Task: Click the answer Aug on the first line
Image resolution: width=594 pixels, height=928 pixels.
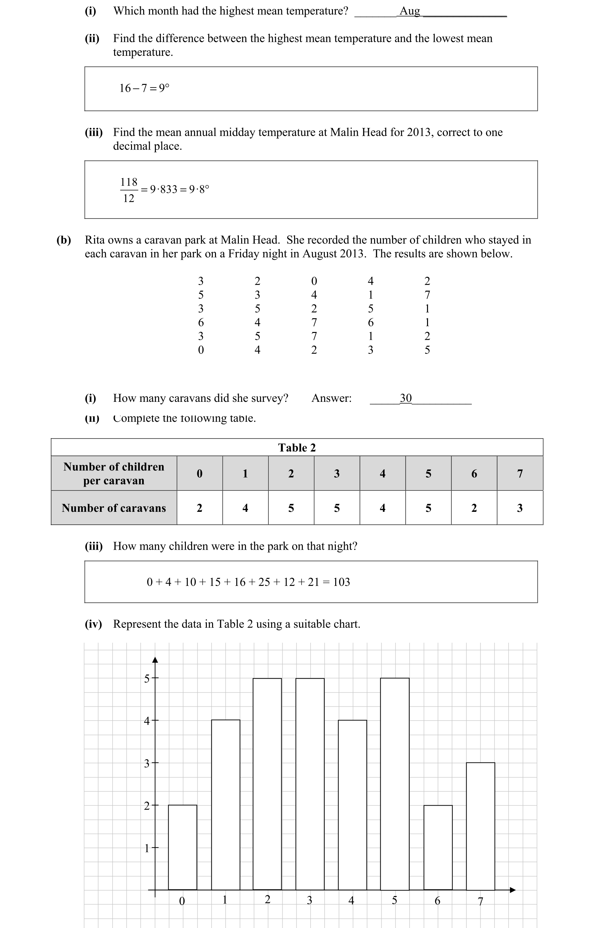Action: pyautogui.click(x=409, y=11)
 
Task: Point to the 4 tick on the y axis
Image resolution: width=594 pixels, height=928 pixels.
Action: pyautogui.click(x=147, y=721)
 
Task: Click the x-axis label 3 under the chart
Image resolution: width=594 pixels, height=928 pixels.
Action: pyautogui.click(x=309, y=900)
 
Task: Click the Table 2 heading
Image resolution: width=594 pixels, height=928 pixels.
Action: pyautogui.click(x=297, y=448)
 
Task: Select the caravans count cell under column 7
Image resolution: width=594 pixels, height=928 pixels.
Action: pyautogui.click(x=520, y=508)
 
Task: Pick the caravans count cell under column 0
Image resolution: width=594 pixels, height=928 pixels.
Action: pyautogui.click(x=199, y=508)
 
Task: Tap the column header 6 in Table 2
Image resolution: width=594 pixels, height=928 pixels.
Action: pyautogui.click(x=474, y=474)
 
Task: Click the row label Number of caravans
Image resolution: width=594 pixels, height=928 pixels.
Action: pyautogui.click(x=114, y=508)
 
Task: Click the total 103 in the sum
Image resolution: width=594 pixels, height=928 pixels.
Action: pyautogui.click(x=341, y=582)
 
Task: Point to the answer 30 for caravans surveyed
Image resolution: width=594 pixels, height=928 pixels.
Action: pyautogui.click(x=405, y=398)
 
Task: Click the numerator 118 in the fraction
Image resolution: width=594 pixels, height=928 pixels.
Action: pyautogui.click(x=129, y=182)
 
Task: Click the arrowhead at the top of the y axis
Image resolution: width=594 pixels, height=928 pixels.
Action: pyautogui.click(x=155, y=660)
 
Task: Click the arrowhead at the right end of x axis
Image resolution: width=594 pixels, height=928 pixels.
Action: pyautogui.click(x=513, y=890)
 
